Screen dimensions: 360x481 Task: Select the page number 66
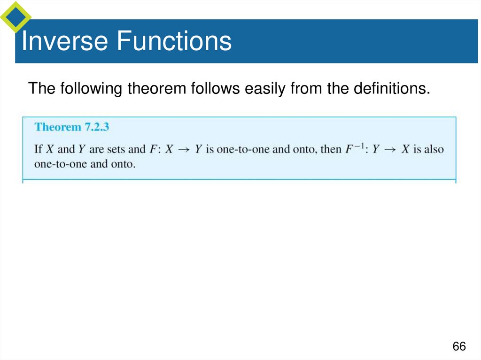pos(459,346)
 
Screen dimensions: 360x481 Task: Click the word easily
pos(266,88)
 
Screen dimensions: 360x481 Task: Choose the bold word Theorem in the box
pos(58,127)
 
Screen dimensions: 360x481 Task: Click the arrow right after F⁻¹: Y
pos(388,149)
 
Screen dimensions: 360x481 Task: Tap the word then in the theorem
pos(331,149)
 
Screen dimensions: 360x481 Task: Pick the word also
pos(434,149)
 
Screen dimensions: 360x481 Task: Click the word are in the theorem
pos(96,149)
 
